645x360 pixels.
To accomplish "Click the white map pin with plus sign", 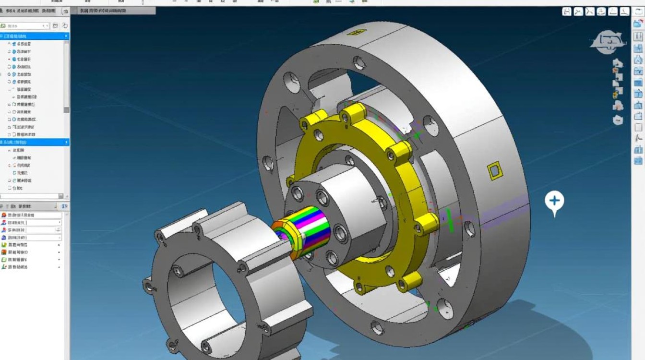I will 554,201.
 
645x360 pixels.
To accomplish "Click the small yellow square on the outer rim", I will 493,170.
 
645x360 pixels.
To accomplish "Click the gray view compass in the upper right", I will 608,42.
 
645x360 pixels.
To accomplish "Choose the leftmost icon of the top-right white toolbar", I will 567,12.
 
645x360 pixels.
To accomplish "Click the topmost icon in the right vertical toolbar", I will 638,24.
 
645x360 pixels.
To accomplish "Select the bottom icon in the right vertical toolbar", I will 638,161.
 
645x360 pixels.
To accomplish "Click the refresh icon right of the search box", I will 65,26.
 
